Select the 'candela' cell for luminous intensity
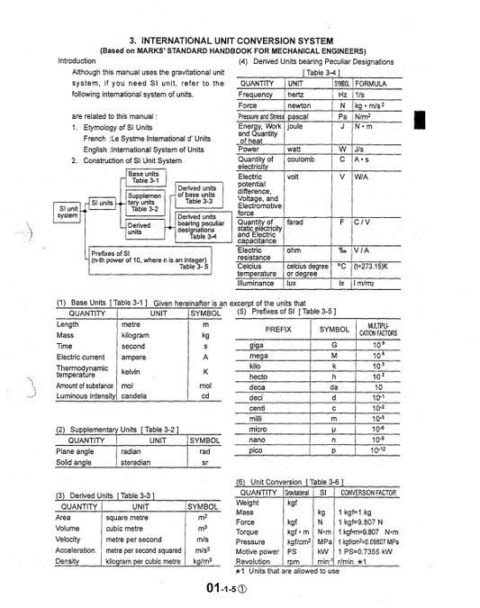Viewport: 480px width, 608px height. (x=134, y=395)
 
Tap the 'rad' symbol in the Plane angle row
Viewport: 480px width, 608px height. (x=204, y=451)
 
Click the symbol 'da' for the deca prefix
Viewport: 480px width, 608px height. (x=334, y=387)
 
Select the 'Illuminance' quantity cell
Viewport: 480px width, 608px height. (x=261, y=282)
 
